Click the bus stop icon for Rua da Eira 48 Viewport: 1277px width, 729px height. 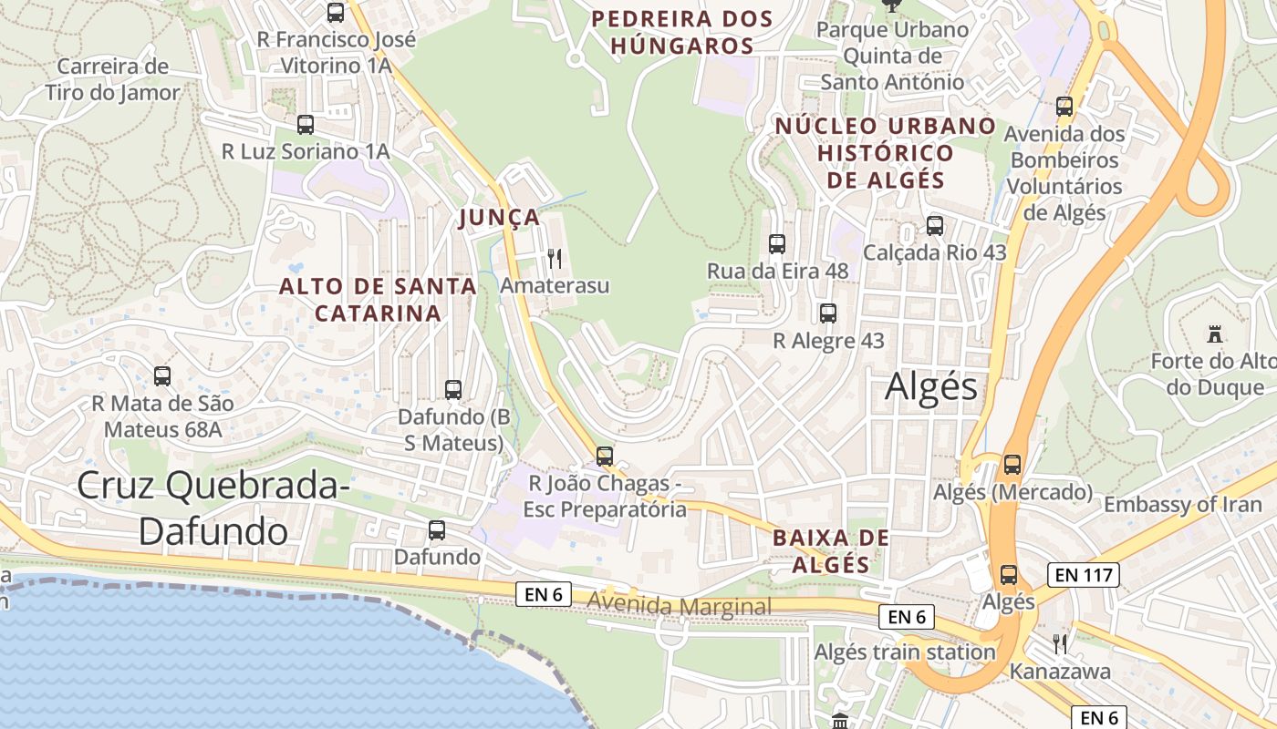point(777,244)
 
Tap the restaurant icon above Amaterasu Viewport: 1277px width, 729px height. point(554,259)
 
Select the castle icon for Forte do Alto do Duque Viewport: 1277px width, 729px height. point(1213,334)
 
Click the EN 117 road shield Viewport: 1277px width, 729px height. point(1083,574)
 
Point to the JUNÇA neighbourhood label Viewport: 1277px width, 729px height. point(500,218)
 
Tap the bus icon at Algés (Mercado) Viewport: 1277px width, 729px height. point(1012,465)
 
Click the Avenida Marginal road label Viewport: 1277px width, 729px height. point(680,606)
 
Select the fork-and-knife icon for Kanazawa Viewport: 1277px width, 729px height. point(1059,644)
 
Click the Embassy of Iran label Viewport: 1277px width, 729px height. point(1182,505)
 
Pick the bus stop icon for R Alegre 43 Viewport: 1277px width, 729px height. point(828,313)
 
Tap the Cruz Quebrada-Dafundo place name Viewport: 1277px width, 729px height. point(213,508)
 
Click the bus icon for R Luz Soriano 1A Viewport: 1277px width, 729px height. point(306,125)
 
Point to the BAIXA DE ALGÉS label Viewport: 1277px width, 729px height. point(830,550)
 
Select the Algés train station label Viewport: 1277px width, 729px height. point(904,652)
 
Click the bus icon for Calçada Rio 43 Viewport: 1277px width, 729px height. point(935,226)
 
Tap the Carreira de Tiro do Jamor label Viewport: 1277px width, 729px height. point(113,79)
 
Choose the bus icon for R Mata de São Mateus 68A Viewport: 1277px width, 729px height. point(162,375)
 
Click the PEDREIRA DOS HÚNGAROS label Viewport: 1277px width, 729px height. point(681,32)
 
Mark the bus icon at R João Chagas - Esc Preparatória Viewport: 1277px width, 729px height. point(605,456)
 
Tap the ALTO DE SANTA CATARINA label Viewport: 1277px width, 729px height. point(378,299)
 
